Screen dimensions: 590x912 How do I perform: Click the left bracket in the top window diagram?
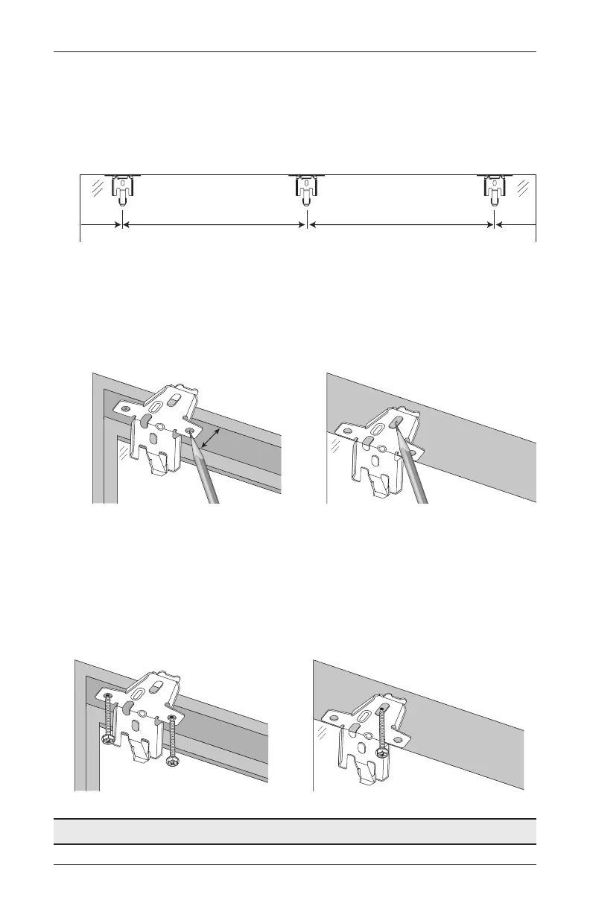tap(122, 191)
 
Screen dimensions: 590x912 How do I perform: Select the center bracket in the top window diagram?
tap(306, 191)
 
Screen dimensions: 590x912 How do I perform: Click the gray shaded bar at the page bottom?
tap(295, 832)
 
